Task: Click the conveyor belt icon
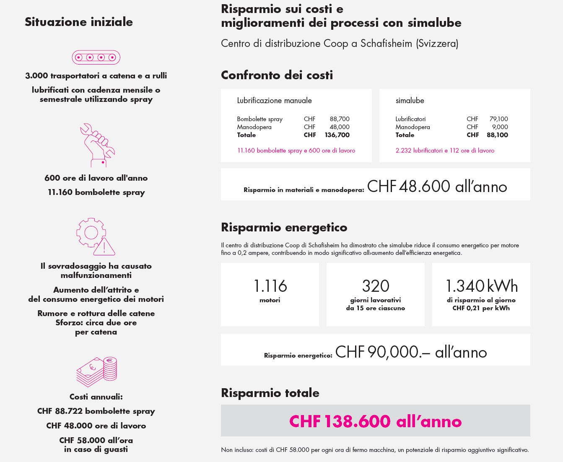click(96, 57)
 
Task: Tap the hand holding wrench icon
click(97, 145)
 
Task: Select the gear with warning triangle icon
click(95, 236)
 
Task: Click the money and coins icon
click(96, 371)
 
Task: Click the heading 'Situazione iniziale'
click(79, 22)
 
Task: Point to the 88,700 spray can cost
click(339, 119)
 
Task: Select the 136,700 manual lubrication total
click(337, 135)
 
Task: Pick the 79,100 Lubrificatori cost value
click(498, 119)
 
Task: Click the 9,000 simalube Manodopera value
click(500, 127)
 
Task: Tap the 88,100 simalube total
click(497, 135)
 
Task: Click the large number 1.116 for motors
click(270, 286)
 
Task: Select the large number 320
click(376, 286)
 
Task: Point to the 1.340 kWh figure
click(481, 286)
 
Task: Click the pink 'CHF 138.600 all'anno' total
click(375, 421)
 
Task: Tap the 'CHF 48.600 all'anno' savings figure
click(437, 187)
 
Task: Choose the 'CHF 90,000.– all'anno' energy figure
click(411, 352)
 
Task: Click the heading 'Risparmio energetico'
click(284, 227)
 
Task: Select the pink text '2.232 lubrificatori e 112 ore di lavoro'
click(445, 151)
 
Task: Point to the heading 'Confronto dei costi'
click(277, 75)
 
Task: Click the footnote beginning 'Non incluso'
click(375, 450)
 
